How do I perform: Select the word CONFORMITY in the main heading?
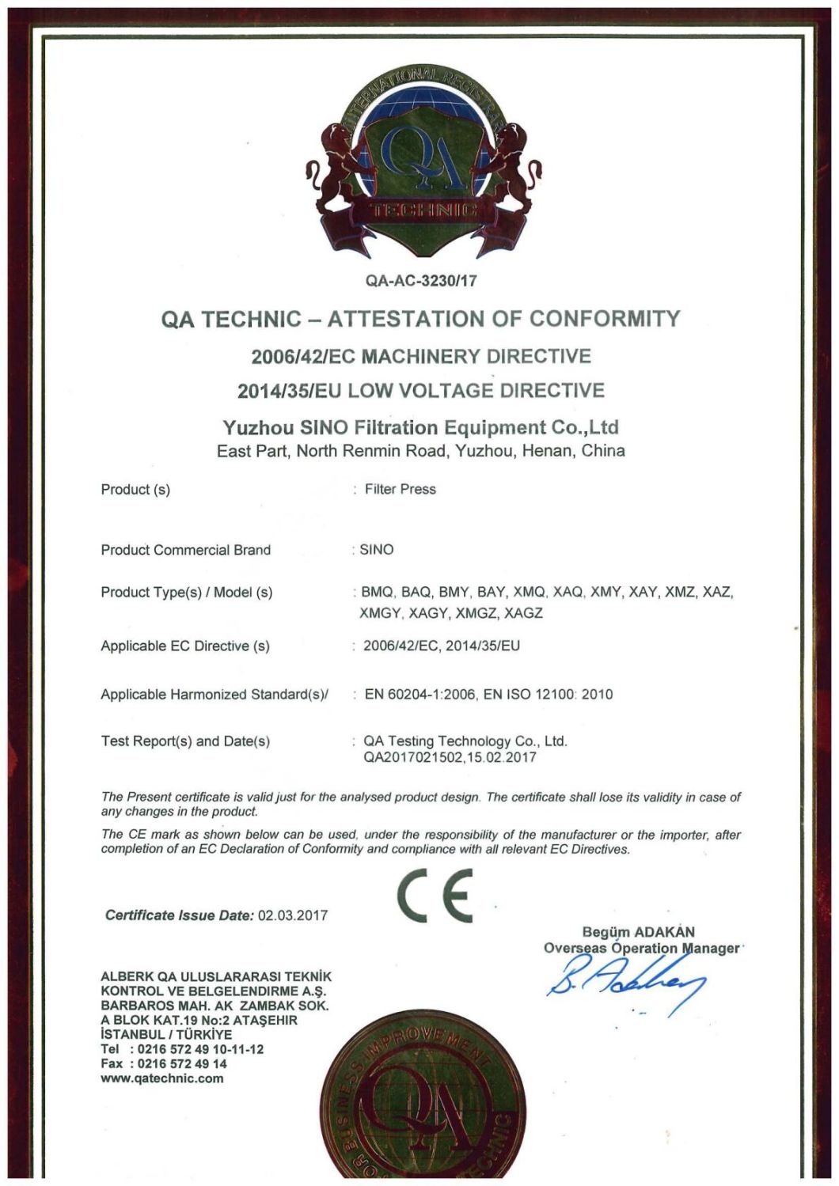(x=605, y=319)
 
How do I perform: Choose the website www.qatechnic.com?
(x=162, y=1078)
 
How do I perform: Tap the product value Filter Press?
(x=400, y=489)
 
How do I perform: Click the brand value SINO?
(x=377, y=550)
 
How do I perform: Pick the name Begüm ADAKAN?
(x=638, y=932)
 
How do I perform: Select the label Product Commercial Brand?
(x=185, y=550)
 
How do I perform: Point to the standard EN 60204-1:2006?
(x=420, y=695)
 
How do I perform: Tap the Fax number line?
(x=164, y=1064)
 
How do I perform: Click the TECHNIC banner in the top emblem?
(x=423, y=210)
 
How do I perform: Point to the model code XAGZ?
(x=523, y=613)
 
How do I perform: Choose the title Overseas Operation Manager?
(x=641, y=948)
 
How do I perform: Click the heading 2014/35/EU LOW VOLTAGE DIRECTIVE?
(x=421, y=391)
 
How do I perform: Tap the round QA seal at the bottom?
(x=423, y=1108)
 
